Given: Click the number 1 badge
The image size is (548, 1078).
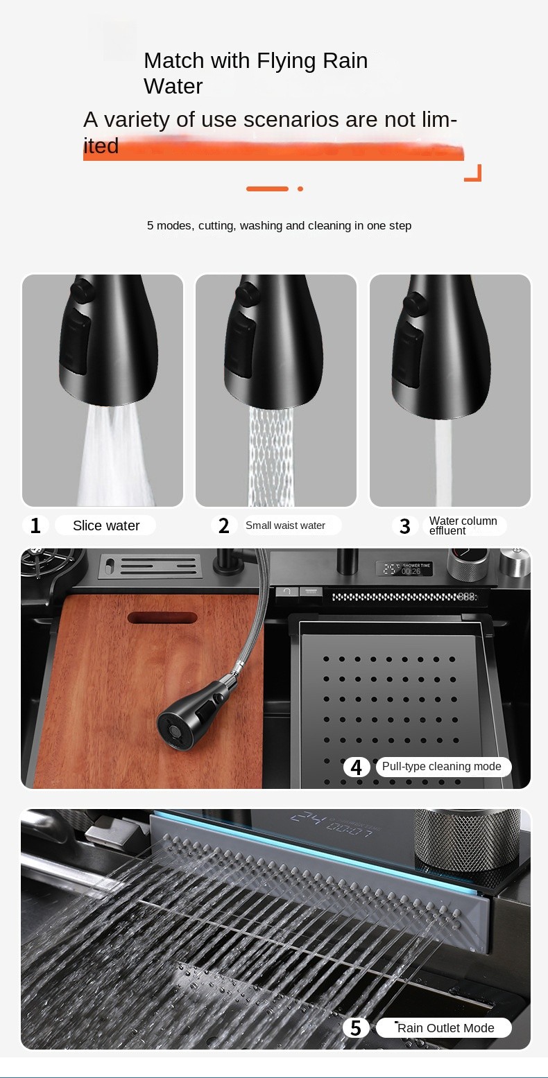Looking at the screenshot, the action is coord(35,525).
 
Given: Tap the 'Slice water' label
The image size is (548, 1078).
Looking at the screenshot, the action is coord(106,525).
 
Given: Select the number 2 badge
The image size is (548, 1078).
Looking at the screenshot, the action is coord(223,525).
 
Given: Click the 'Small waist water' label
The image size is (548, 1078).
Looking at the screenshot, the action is coord(285,525).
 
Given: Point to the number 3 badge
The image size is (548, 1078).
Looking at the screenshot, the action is coord(405,525).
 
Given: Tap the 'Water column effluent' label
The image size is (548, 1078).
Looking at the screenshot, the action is coord(463,525).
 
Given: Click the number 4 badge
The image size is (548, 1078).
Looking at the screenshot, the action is coord(357,767).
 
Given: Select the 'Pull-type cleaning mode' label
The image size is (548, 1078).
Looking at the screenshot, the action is coord(442,766).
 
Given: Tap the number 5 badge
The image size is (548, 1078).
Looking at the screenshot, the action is coord(356,1027).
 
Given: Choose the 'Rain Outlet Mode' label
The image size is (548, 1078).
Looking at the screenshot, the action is coord(445,1027).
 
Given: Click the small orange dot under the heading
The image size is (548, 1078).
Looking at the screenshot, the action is coord(300,189).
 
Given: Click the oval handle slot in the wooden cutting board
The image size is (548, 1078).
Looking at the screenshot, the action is coord(162,618).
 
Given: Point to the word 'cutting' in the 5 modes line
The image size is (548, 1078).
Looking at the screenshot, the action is coord(217,226).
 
